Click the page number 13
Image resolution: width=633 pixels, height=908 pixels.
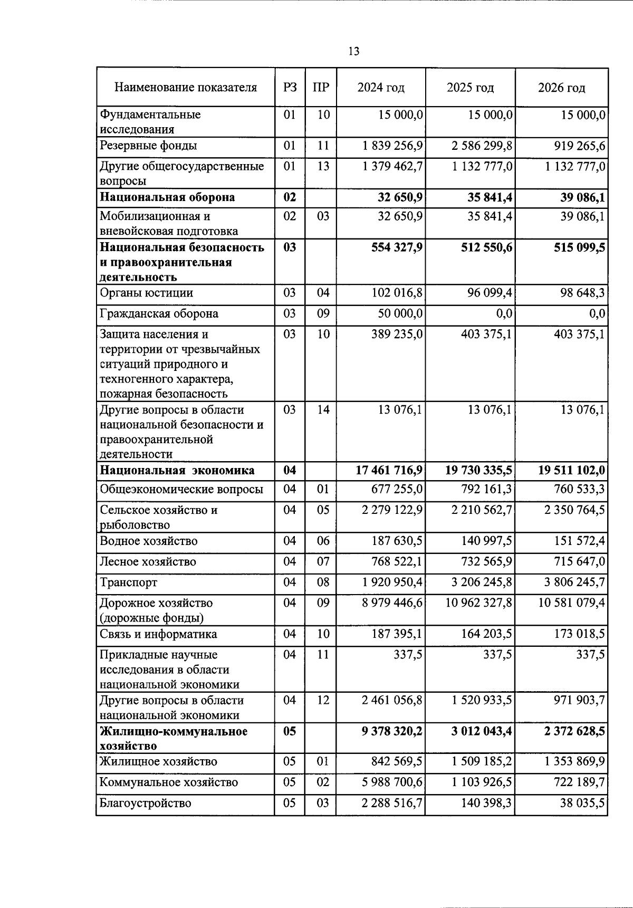(x=354, y=51)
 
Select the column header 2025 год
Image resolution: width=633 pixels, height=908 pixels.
(x=470, y=88)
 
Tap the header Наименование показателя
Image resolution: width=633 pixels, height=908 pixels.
(x=186, y=88)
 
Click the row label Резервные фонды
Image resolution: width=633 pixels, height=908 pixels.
(x=148, y=146)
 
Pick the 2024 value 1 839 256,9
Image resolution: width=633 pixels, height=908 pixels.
(x=393, y=146)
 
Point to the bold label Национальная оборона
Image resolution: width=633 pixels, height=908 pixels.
(x=167, y=197)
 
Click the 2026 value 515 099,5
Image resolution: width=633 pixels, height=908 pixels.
(x=579, y=247)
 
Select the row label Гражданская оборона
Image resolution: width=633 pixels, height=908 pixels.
(x=159, y=314)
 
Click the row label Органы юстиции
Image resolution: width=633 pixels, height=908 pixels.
(x=146, y=293)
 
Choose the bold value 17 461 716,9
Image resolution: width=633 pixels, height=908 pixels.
(x=389, y=471)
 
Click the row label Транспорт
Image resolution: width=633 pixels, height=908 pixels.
(x=128, y=583)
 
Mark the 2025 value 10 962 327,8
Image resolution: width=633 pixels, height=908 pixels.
(x=478, y=603)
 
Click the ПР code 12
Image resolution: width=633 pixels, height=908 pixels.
(x=323, y=701)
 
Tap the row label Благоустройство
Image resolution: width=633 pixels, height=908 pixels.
(x=145, y=804)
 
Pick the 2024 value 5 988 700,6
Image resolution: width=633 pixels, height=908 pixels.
(x=392, y=782)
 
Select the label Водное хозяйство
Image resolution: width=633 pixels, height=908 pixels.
(x=148, y=541)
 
